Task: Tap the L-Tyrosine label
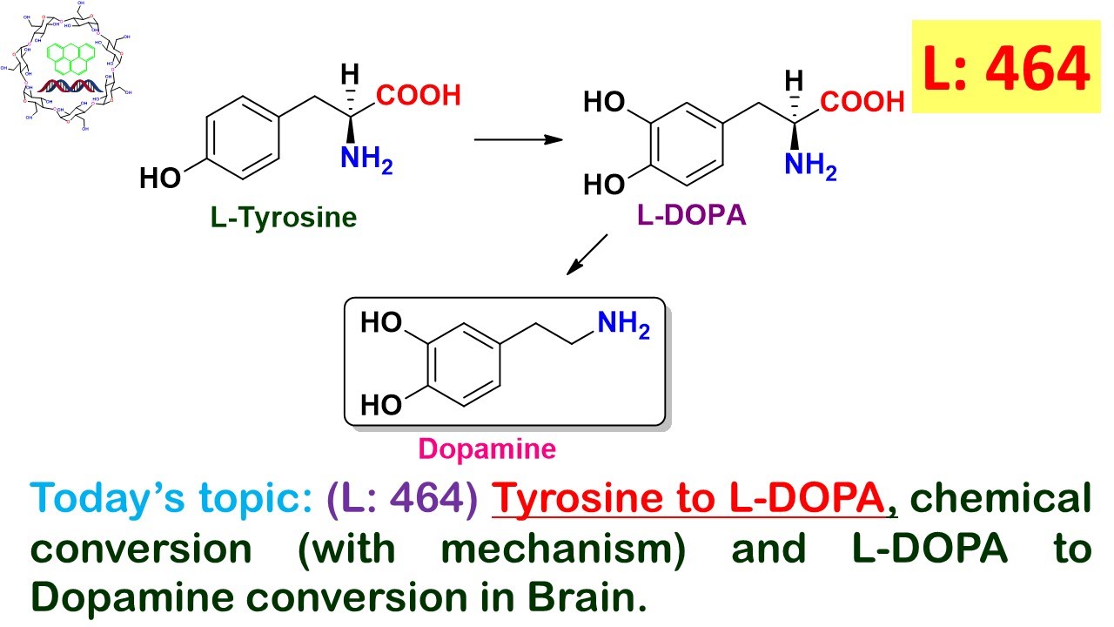(284, 217)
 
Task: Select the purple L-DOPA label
(692, 215)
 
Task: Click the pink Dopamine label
(487, 448)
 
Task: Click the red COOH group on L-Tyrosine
(419, 96)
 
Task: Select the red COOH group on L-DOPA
(862, 102)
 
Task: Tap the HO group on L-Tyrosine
(160, 179)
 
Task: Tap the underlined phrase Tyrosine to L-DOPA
(692, 500)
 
